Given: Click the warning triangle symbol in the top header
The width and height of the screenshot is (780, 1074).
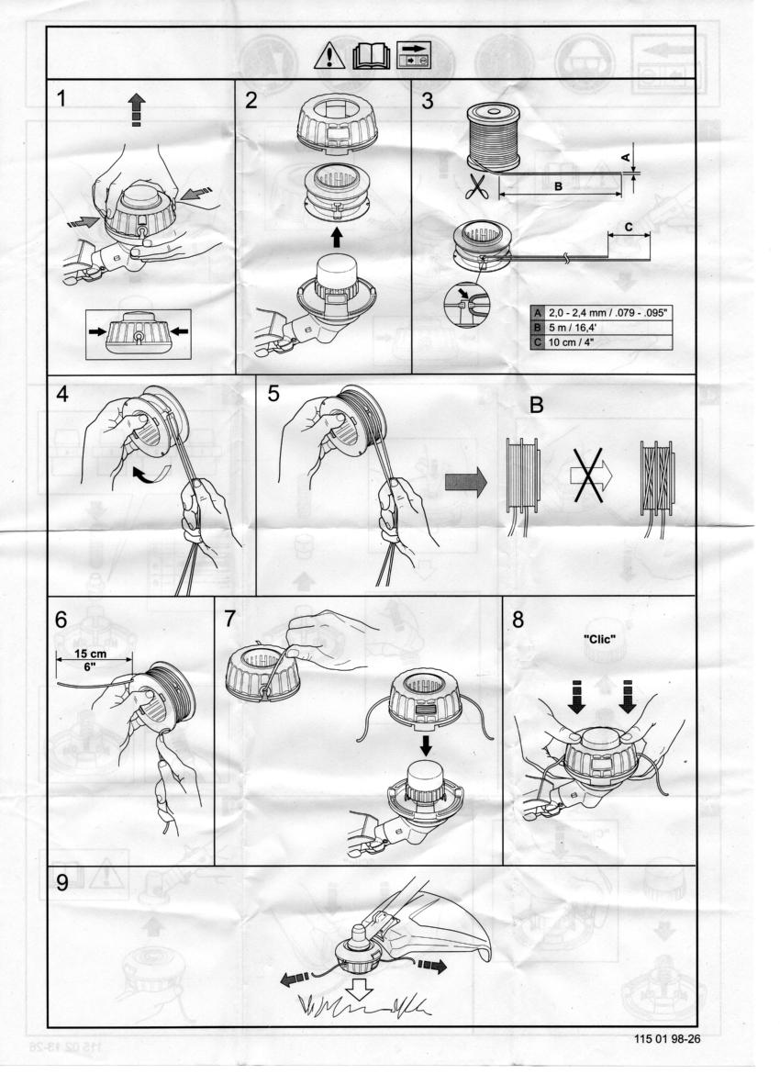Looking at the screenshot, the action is [329, 56].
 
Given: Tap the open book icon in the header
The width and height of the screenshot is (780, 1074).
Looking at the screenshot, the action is [371, 57].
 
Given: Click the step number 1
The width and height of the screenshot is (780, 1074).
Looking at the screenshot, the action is [61, 99].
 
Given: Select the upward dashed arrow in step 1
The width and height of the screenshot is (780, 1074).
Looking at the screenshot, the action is [137, 109].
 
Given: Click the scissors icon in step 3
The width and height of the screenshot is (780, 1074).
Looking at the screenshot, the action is [476, 186].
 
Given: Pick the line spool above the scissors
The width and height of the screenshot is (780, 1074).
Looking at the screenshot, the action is [493, 136].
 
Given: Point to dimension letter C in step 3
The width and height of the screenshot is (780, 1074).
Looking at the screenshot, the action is [629, 227].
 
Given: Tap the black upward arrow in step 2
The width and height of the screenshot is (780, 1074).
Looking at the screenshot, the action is [336, 237].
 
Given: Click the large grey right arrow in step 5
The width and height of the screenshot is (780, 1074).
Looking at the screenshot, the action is [465, 482].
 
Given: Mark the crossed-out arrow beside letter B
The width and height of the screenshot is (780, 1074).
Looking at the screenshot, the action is [588, 475].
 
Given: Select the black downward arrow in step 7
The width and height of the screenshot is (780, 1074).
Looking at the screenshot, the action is [426, 744].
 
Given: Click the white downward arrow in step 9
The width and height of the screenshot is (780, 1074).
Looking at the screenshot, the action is [359, 989].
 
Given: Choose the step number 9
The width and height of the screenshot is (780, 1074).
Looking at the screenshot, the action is [62, 884].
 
